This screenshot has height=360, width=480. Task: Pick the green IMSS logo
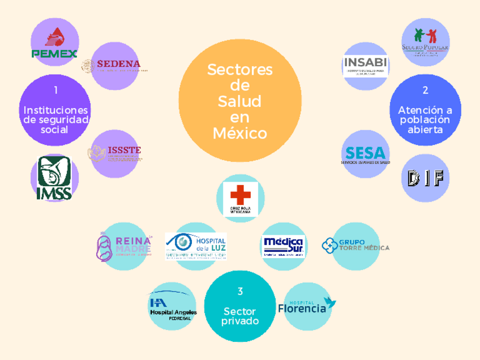tap(54, 178)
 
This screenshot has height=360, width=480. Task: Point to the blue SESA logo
tap(365, 155)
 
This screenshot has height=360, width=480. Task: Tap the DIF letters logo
tap(425, 178)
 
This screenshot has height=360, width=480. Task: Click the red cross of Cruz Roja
tap(241, 195)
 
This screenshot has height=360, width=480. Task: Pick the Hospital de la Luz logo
tap(196, 246)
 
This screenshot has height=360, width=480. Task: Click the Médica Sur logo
tap(284, 246)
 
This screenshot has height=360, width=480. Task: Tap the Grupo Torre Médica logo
tap(355, 246)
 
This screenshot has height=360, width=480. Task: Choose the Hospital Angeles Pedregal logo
tap(172, 307)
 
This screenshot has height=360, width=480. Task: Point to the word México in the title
tap(240, 134)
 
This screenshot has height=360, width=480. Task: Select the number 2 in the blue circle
tap(425, 89)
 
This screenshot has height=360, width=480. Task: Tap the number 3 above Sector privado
tap(240, 292)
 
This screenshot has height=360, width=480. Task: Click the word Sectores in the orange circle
tap(240, 70)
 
